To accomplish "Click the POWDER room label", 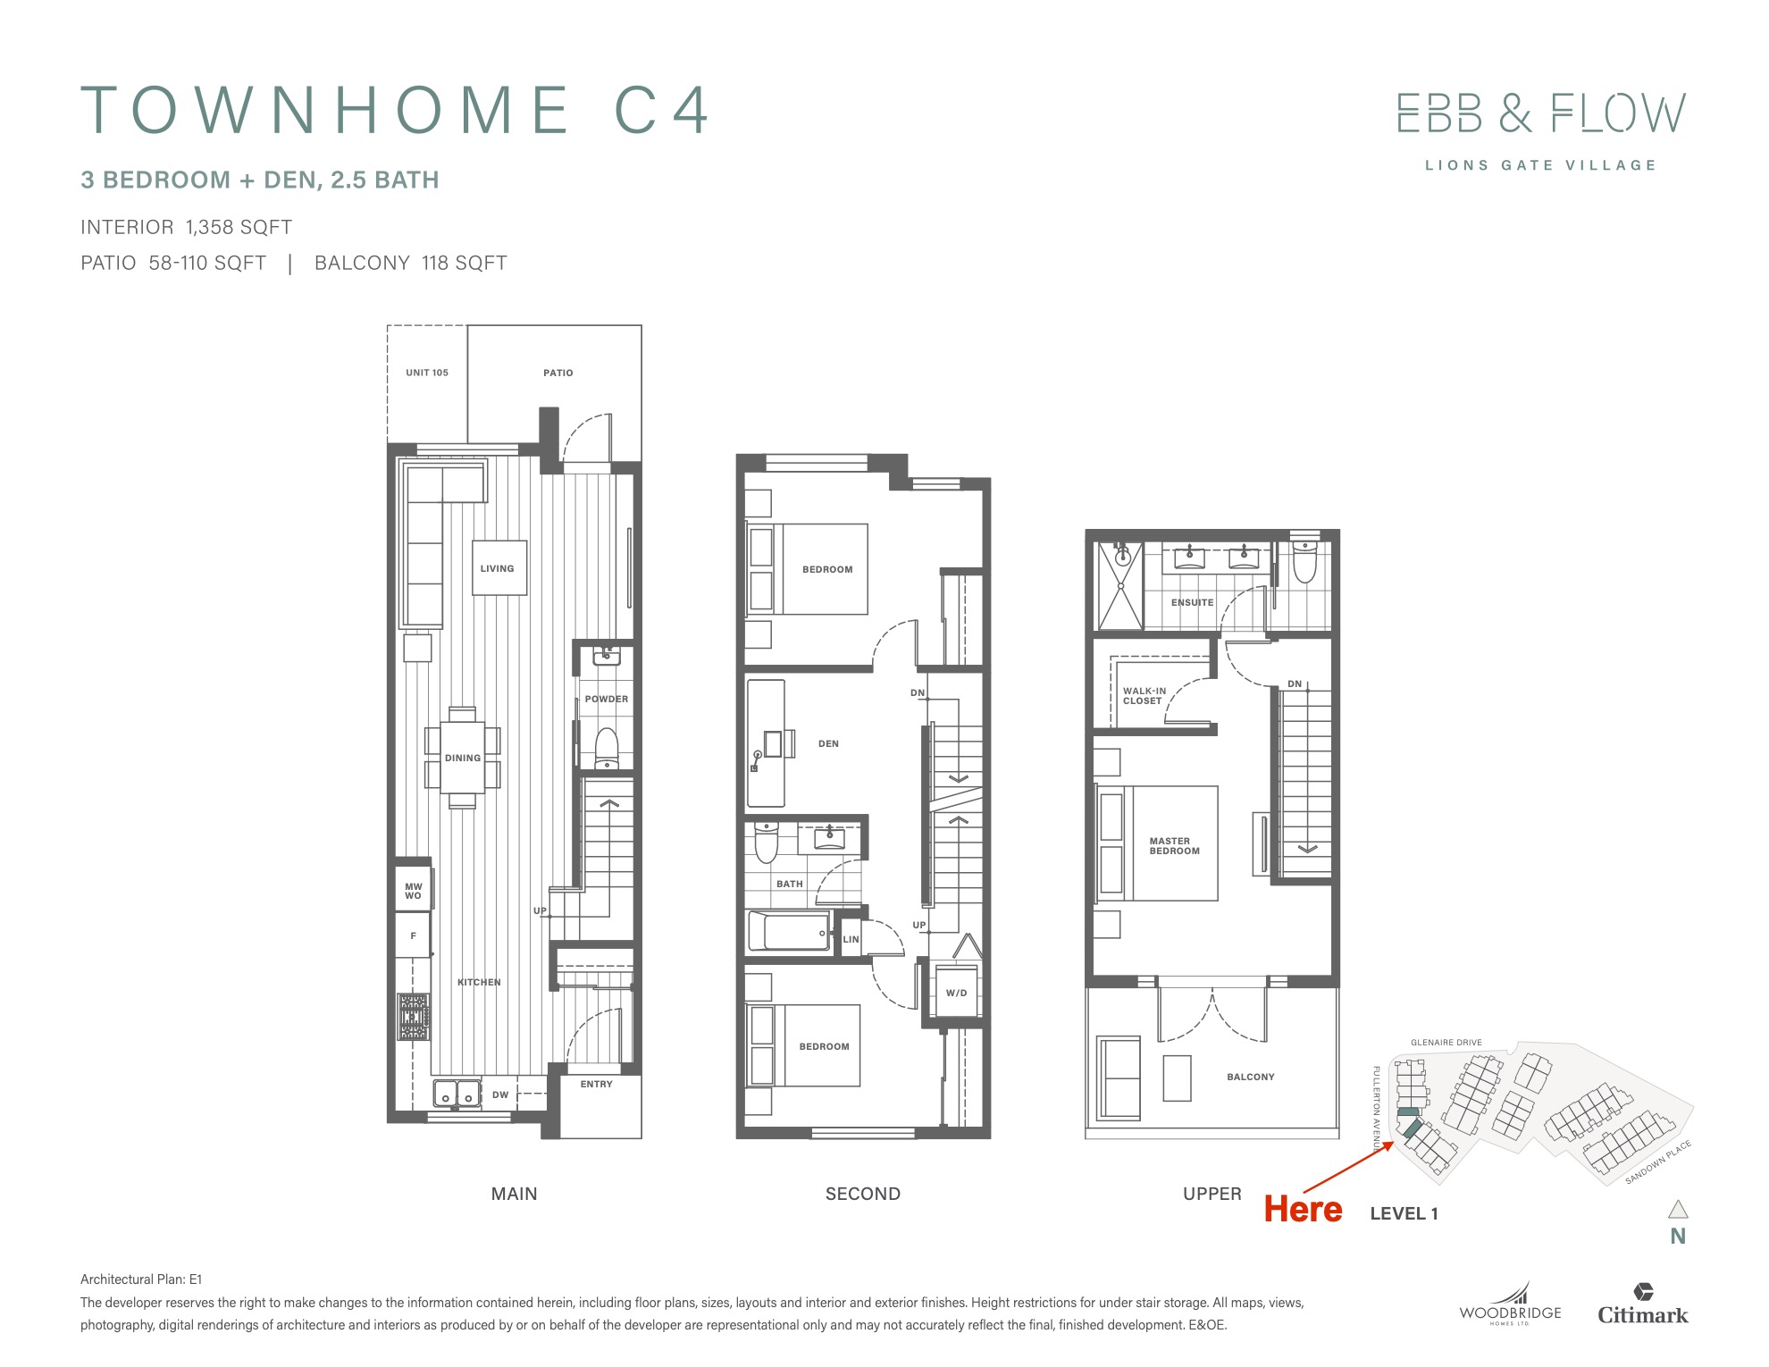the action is pyautogui.click(x=607, y=699).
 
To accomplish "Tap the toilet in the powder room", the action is pyautogui.click(x=607, y=748).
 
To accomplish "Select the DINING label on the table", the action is pyautogui.click(x=463, y=758).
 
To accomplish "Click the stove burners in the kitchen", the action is pyautogui.click(x=414, y=1017).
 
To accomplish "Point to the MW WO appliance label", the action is pyautogui.click(x=413, y=891).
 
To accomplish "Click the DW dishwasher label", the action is pyautogui.click(x=500, y=1094).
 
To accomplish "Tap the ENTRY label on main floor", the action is pyautogui.click(x=597, y=1084).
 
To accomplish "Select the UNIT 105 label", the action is pyautogui.click(x=427, y=373).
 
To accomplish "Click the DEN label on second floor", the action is pyautogui.click(x=828, y=743).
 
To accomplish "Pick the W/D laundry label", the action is pyautogui.click(x=956, y=993).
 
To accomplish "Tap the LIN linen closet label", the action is pyautogui.click(x=851, y=939).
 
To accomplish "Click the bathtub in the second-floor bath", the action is pyautogui.click(x=789, y=932).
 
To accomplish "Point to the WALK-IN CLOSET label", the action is pyautogui.click(x=1144, y=696).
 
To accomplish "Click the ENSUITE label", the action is pyautogui.click(x=1193, y=602).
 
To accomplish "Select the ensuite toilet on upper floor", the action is pyautogui.click(x=1305, y=561).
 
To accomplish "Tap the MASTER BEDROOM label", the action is pyautogui.click(x=1174, y=846).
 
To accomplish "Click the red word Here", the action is pyautogui.click(x=1303, y=1210).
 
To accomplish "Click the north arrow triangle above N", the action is pyautogui.click(x=1678, y=1209).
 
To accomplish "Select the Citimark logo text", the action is pyautogui.click(x=1643, y=1315).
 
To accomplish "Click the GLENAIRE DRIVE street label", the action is pyautogui.click(x=1446, y=1043).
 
